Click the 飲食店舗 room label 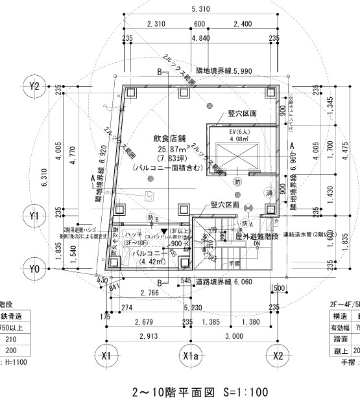[169, 138]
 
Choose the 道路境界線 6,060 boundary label [226, 282]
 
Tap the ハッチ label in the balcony [134, 233]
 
